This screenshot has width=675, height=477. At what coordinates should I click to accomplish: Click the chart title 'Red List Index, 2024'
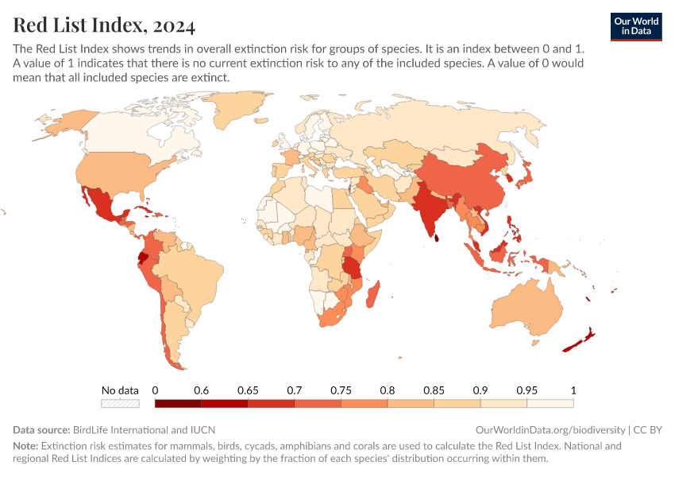pyautogui.click(x=104, y=25)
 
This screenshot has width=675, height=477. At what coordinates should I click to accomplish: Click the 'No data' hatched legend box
pyautogui.click(x=120, y=404)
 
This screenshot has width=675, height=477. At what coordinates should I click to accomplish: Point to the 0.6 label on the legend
pyautogui.click(x=201, y=390)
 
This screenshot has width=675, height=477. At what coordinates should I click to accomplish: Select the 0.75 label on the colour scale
pyautogui.click(x=341, y=390)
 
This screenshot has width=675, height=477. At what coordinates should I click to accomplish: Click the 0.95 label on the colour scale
pyautogui.click(x=526, y=390)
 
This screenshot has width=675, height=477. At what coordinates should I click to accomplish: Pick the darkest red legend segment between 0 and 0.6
pyautogui.click(x=178, y=404)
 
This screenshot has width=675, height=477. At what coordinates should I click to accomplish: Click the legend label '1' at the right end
pyautogui.click(x=573, y=390)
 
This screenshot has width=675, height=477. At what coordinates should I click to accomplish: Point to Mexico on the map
pyautogui.click(x=102, y=204)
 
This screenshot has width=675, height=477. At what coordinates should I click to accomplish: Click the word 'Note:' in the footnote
pyautogui.click(x=25, y=446)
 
